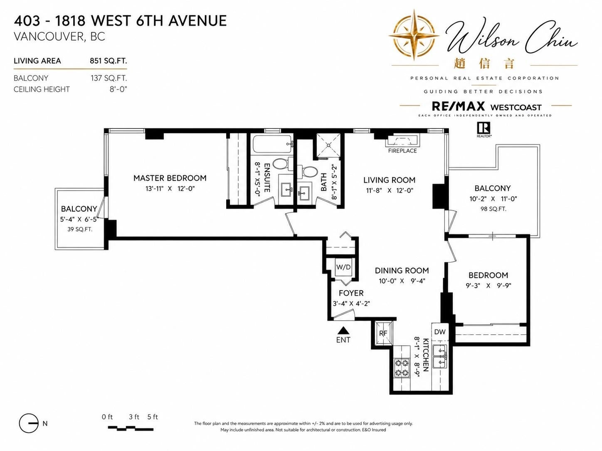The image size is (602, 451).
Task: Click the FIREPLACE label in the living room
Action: coord(402,151)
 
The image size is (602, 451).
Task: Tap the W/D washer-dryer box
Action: coord(343,267)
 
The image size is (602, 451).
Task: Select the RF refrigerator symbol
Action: coord(383,333)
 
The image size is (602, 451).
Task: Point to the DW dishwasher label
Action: coord(440,332)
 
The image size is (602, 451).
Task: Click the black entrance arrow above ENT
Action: coord(343,331)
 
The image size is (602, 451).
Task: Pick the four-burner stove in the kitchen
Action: coord(402,368)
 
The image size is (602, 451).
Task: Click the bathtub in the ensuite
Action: coord(272,144)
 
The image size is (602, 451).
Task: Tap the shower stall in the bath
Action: coord(328,146)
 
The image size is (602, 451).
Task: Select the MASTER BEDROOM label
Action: coord(170,178)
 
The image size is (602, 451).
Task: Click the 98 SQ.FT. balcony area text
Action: coord(493,209)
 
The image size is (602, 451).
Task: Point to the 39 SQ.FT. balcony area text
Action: coord(80,229)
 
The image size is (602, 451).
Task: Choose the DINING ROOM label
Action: coord(402,270)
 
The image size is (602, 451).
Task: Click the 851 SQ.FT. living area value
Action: coord(109,61)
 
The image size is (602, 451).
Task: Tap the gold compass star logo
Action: coord(414,35)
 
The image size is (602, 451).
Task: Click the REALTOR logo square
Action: coord(484,128)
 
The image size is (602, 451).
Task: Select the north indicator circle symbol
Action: coord(29,423)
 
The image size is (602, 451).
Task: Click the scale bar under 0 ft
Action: coord(131,429)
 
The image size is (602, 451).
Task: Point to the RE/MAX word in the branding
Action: coord(458,106)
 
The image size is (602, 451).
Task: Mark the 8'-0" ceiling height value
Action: coord(118,89)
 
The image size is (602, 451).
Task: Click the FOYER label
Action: coord(351,293)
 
